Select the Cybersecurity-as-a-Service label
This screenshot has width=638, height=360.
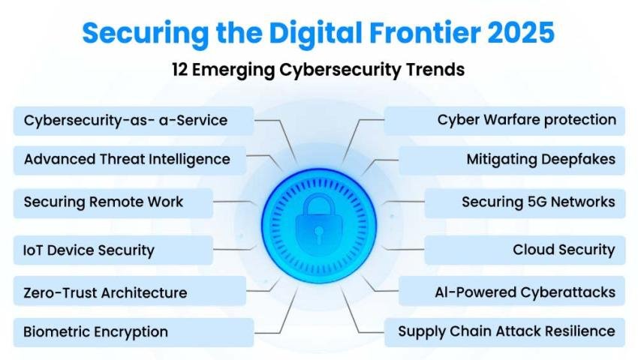[x=125, y=120]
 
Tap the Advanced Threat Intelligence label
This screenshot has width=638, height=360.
[x=127, y=159]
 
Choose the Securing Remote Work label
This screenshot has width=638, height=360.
[x=104, y=202]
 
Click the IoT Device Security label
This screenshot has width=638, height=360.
[x=89, y=250]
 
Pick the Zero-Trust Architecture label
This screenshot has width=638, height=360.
[x=105, y=292]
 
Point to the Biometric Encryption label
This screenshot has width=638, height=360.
[x=95, y=331]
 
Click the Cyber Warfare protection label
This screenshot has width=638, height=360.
[x=526, y=120]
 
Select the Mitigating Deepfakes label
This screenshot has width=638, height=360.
[x=540, y=159]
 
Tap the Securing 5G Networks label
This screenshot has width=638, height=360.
[x=538, y=202]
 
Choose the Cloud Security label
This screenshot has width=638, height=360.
[x=564, y=250]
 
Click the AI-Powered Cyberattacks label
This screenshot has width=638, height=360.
[x=525, y=292]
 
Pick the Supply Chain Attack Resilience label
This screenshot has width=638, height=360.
[x=506, y=331]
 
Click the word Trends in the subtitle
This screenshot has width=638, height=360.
[x=434, y=70]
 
